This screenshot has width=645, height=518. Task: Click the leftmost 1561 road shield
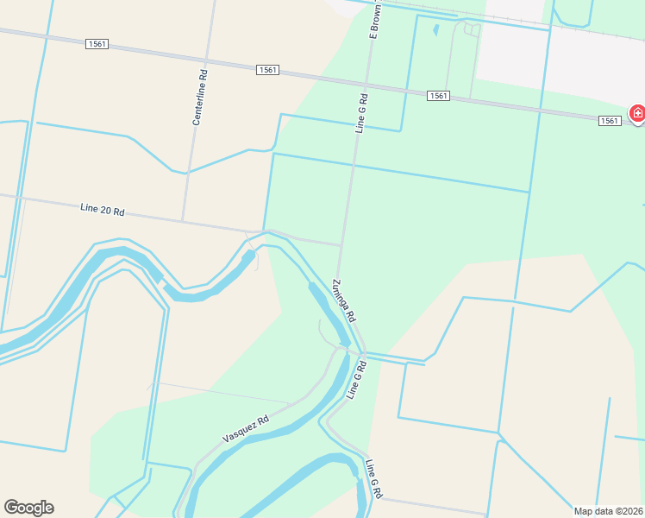97,44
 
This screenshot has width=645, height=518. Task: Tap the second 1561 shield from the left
266,70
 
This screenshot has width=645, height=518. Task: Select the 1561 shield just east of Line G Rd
437,96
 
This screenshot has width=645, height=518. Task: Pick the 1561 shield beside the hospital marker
610,121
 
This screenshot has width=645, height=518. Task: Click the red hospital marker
637,113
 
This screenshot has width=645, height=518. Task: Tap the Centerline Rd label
199,98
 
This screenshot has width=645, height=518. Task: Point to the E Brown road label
375,20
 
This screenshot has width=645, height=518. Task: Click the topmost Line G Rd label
361,112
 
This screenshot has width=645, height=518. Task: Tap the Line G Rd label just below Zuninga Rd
356,380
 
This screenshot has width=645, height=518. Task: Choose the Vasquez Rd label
246,428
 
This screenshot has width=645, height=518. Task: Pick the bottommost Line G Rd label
373,479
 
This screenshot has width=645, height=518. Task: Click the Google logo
28,508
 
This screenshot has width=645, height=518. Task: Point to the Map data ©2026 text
609,511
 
